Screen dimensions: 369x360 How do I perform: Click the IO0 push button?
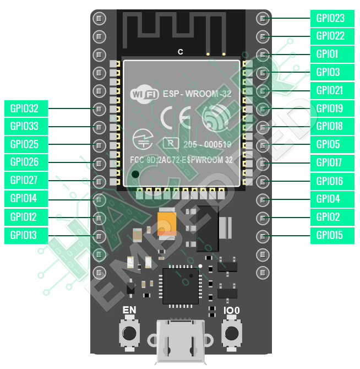click(x=232, y=333)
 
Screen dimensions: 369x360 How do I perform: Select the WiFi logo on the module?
click(x=144, y=94)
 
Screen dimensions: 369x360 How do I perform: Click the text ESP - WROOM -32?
click(x=197, y=94)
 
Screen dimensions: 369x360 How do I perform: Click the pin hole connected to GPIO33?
click(x=99, y=126)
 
